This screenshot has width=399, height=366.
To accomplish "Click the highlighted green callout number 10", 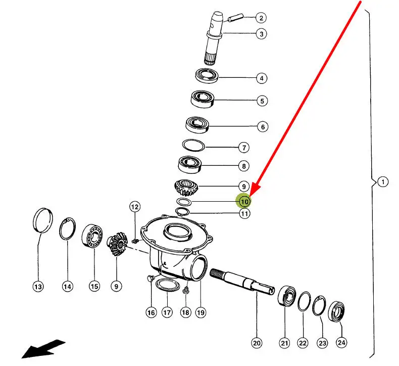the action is tap(244, 201).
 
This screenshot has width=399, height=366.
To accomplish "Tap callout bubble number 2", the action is tap(261, 19).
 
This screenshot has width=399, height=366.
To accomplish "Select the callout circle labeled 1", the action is tap(382, 181).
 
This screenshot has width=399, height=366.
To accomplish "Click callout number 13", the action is tap(38, 287).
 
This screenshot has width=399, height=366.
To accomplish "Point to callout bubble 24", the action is tap(341, 342).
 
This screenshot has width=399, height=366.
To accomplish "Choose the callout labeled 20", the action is tap(257, 343).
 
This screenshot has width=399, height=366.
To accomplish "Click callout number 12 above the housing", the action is tap(134, 206).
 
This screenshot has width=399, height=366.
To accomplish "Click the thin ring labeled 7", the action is tap(193, 145).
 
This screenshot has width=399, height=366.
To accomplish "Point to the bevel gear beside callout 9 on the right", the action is tap(187, 189).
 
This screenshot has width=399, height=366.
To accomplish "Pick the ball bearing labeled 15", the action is tap(93, 236).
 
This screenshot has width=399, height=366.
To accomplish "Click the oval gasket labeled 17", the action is tap(167, 285).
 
